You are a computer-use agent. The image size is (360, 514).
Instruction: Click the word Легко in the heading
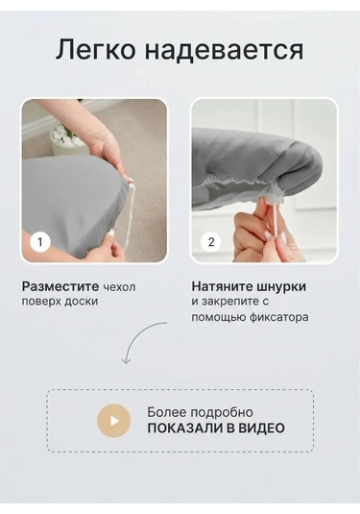pos(95,50)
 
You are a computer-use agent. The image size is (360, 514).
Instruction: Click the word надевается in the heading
pos(224,50)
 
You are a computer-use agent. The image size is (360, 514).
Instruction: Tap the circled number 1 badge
pos(40,242)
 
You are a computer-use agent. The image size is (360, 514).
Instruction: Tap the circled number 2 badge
pos(211,242)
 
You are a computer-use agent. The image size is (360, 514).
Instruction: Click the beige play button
pos(113,421)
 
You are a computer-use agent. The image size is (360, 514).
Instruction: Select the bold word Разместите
pos(60,286)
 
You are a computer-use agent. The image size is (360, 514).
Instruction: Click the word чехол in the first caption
pos(119,287)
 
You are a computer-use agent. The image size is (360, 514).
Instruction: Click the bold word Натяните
pos(222,286)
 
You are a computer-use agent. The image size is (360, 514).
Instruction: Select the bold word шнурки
pos(280,287)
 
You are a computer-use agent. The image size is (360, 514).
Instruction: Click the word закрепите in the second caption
pos(227,302)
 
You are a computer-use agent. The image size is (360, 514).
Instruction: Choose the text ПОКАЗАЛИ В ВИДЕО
pos(216,428)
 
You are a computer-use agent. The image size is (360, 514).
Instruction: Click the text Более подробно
pos(200,413)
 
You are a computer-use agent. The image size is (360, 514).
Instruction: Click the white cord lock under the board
pos(273,197)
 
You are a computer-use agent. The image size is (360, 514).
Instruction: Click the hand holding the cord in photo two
pos(264,235)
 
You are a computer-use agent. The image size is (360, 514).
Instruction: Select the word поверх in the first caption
pos(41,302)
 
